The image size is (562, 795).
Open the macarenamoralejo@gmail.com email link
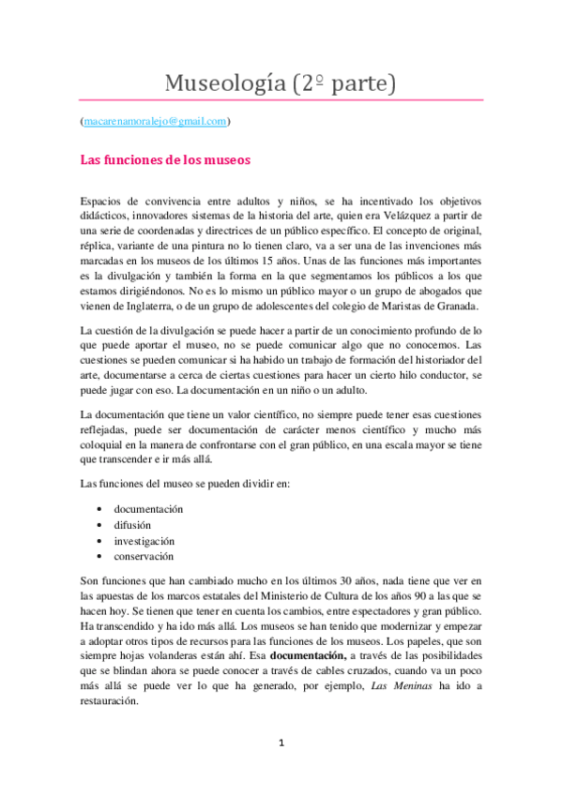tap(155, 121)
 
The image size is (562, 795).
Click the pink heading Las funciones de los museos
tap(166, 159)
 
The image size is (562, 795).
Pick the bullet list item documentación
tap(148, 508)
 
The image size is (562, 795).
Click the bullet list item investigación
tap(144, 541)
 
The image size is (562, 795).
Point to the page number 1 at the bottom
tap(281, 743)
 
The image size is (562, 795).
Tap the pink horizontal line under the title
tap(281, 100)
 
